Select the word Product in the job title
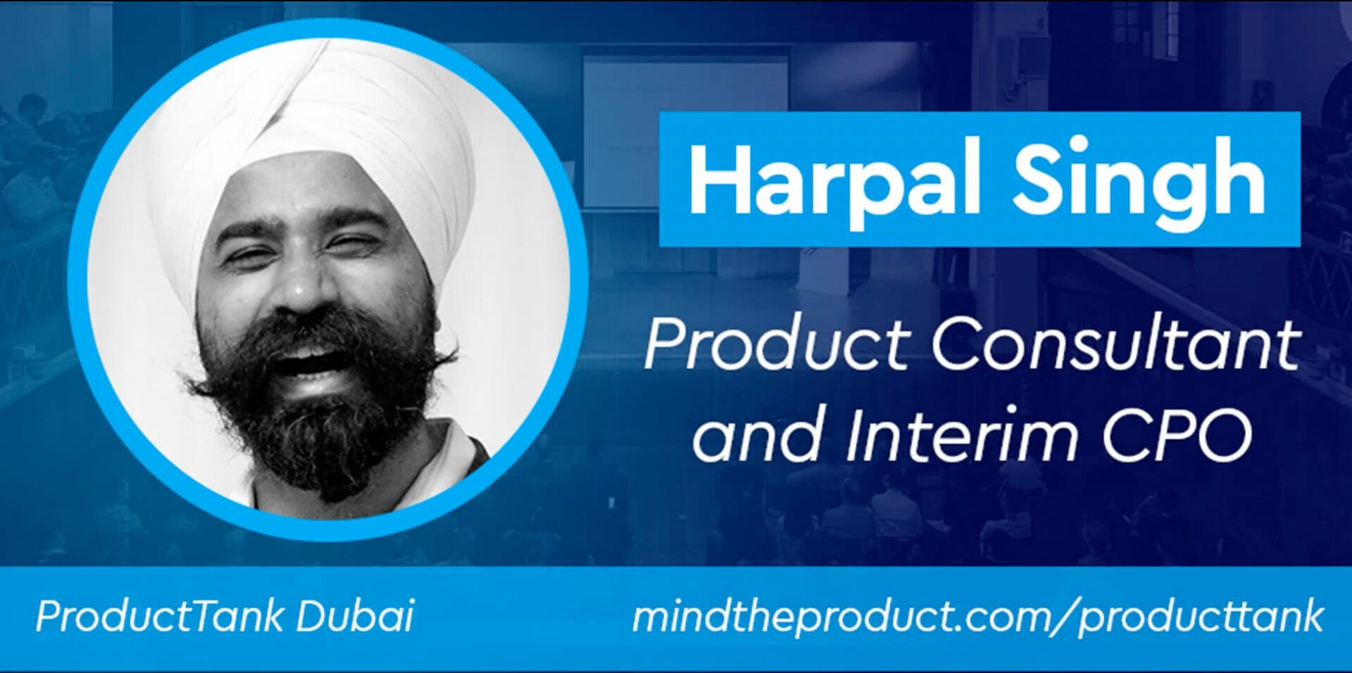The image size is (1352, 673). pos(777,345)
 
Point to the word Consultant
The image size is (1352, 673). pos(1115,345)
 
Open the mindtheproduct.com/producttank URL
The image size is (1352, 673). pos(978,617)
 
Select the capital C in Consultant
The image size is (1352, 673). pos(956,345)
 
